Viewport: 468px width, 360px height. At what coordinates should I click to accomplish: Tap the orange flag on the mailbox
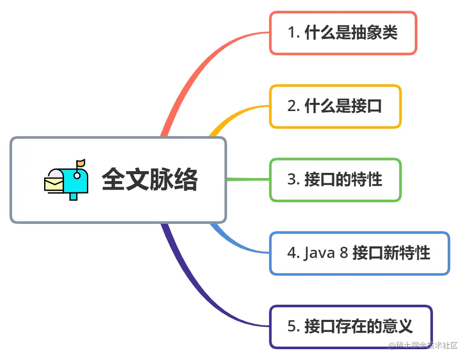pos(81,163)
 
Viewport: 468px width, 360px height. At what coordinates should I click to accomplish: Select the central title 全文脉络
pos(150,179)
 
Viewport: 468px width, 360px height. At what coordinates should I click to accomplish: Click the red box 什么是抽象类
pos(343,33)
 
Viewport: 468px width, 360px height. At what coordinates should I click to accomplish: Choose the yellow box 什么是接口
pos(335,106)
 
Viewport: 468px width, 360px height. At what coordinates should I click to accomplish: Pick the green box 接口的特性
pos(335,180)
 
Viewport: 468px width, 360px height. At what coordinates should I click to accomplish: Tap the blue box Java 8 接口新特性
pos(359,253)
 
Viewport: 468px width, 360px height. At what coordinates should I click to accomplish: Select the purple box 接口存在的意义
pos(351,327)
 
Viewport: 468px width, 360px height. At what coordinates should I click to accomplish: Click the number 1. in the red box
pos(294,33)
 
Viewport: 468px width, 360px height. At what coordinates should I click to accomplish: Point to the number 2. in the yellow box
pos(294,107)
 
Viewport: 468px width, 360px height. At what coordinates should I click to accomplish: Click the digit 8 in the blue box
pos(344,253)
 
